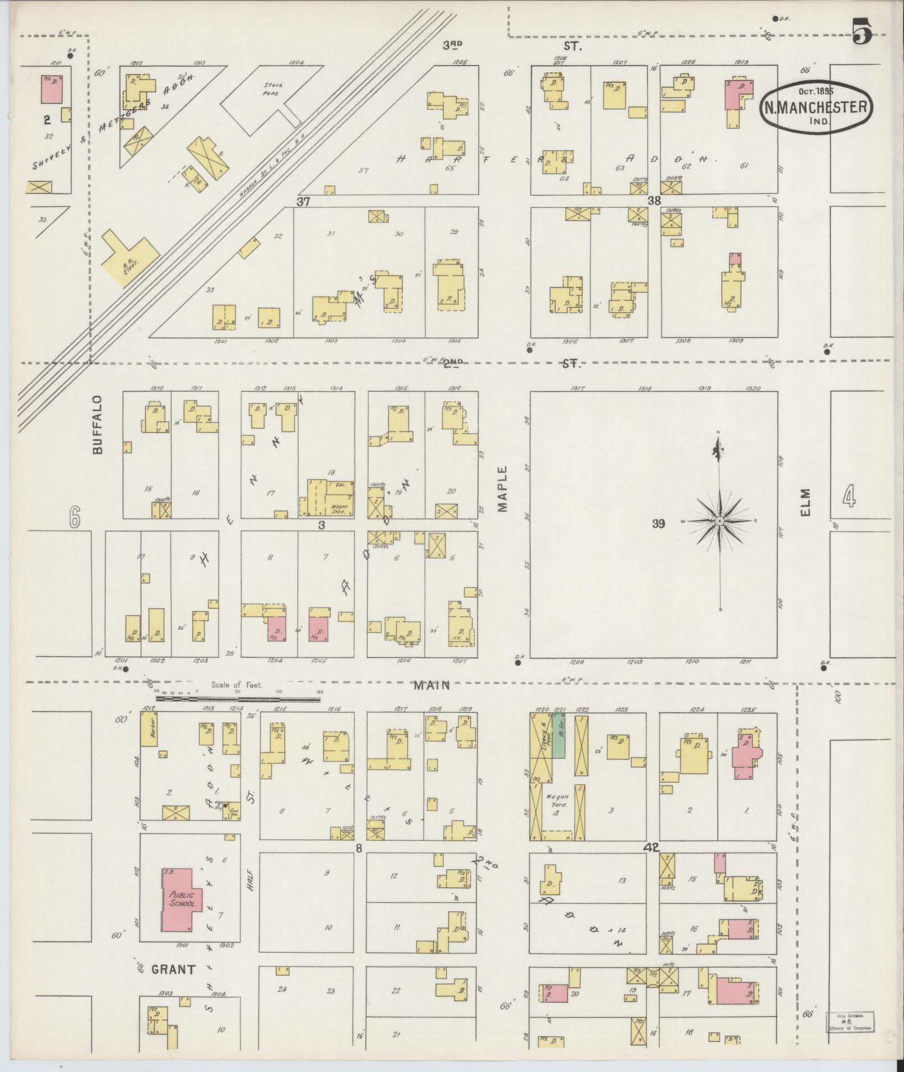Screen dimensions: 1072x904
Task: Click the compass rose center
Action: point(719,521)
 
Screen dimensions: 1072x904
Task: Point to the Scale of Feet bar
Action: point(238,699)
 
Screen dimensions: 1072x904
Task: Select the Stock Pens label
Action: point(275,89)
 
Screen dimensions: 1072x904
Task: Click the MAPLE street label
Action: point(502,489)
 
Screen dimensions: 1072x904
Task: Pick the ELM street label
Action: point(806,502)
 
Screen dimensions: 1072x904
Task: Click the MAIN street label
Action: point(434,685)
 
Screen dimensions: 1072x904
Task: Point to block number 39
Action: point(658,524)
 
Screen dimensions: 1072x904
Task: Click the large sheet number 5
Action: point(862,31)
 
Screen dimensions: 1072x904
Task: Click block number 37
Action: point(303,201)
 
